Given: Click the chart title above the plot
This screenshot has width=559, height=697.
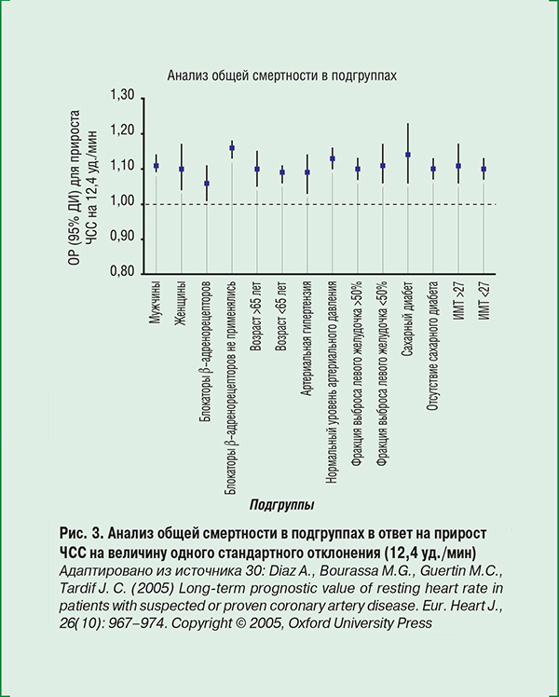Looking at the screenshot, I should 282,76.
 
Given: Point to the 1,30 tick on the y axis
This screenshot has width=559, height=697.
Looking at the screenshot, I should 122,98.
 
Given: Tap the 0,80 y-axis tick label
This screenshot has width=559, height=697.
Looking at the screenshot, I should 122,275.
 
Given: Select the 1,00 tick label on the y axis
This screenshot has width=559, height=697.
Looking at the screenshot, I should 122,204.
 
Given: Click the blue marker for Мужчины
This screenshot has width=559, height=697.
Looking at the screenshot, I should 156,166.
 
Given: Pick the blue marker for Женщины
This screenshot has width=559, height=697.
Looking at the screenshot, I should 181,170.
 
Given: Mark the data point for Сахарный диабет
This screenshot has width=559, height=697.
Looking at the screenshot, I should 407,155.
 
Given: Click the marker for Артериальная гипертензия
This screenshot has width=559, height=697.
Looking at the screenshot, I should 307,172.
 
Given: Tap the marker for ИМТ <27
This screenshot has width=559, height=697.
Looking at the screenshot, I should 483,170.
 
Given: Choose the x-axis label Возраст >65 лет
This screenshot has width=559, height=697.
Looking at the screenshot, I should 257,318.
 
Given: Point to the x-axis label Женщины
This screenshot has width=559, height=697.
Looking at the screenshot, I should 181,302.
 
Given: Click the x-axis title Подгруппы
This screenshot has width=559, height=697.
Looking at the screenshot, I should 281,504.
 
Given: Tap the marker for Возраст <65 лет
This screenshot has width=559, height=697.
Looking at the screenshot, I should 282,172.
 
